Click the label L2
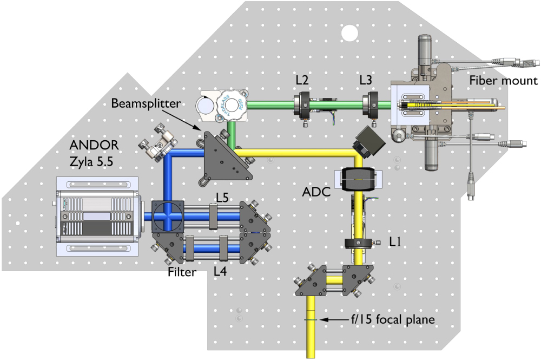coord(302,80)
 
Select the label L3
coord(366,80)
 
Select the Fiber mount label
coord(503,81)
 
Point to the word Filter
coord(182,272)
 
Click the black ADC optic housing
coord(358,179)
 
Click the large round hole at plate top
coord(350,34)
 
